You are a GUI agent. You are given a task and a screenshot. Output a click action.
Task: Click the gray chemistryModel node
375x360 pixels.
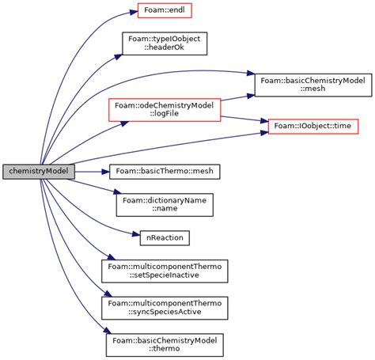point(38,171)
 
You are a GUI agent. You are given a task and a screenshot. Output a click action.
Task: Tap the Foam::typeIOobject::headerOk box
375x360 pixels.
point(164,43)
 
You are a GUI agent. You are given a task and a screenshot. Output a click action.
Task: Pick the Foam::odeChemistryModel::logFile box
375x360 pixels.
point(164,110)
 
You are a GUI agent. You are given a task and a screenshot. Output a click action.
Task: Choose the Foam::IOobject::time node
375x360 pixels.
point(314,126)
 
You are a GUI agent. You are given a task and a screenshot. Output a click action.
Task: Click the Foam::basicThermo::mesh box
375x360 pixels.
point(164,171)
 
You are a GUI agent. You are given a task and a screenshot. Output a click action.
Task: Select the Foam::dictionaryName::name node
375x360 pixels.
point(164,204)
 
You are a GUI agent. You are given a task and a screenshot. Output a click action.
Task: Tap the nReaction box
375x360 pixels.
point(164,237)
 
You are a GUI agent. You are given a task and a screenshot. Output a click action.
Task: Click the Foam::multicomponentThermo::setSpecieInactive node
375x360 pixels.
point(164,271)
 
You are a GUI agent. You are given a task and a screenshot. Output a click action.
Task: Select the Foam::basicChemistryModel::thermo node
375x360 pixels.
point(164,344)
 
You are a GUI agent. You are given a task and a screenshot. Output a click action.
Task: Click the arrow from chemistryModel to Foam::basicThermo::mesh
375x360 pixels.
point(91,171)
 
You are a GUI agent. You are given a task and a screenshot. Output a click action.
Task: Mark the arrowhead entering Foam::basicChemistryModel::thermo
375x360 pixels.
point(102,335)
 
